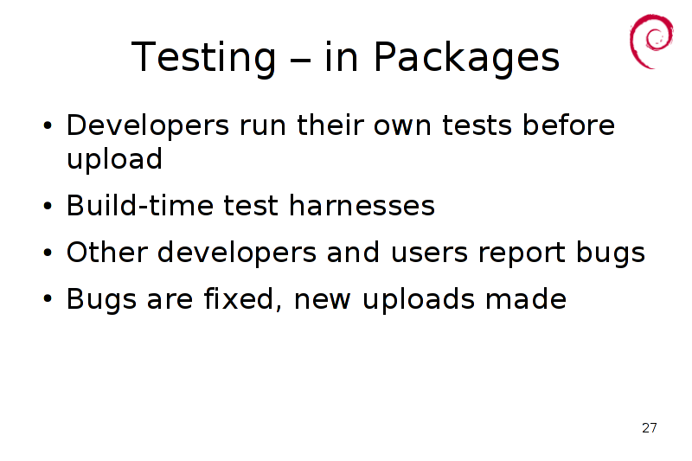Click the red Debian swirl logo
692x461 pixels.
pyautogui.click(x=651, y=41)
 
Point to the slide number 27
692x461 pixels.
pyautogui.click(x=650, y=428)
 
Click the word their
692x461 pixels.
pyautogui.click(x=330, y=125)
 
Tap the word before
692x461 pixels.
pyautogui.click(x=568, y=125)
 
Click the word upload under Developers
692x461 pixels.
pyautogui.click(x=114, y=161)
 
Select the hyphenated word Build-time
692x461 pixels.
pyautogui.click(x=140, y=206)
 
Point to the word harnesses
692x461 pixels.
pyautogui.click(x=362, y=206)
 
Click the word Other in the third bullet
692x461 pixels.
pyautogui.click(x=106, y=253)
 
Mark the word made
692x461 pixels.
pyautogui.click(x=526, y=299)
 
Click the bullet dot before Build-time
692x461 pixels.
pyautogui.click(x=48, y=206)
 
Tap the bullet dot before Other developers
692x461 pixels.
pyautogui.click(x=48, y=253)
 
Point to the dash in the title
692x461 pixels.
pyautogui.click(x=300, y=60)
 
